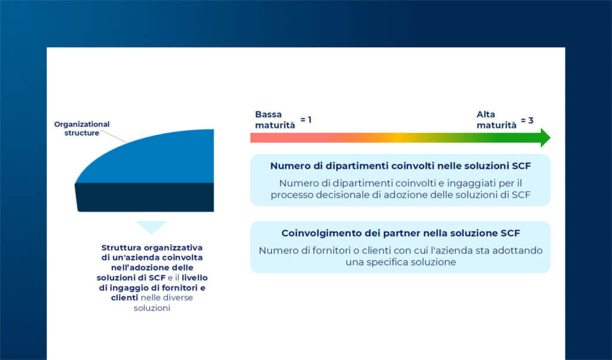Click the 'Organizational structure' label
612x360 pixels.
click(82, 129)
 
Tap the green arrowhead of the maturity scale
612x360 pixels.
click(544, 138)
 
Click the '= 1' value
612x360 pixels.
click(306, 120)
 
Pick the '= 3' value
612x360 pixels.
click(527, 120)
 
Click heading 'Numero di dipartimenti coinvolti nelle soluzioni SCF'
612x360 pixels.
click(400, 166)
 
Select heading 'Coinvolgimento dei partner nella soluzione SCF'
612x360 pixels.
click(400, 233)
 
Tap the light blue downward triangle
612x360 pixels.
click(151, 227)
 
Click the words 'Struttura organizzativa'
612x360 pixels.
click(152, 247)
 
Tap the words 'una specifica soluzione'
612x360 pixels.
click(400, 262)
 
